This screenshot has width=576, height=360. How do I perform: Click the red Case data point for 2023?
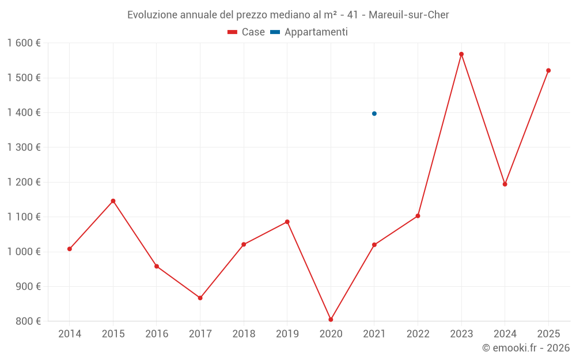(461, 54)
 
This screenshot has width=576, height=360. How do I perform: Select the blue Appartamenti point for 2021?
(374, 113)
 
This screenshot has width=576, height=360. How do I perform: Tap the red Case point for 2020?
(331, 320)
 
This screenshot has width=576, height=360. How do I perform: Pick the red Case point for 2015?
(113, 201)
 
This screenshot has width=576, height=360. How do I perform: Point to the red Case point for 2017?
(200, 298)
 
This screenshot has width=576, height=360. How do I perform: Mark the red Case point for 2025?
(548, 70)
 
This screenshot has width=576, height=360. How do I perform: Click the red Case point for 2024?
(505, 184)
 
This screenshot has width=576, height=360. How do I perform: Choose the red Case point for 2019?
(287, 222)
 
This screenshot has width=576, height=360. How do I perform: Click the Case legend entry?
(246, 32)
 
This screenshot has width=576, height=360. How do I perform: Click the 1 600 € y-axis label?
(24, 43)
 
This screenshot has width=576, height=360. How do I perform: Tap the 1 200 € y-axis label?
(24, 182)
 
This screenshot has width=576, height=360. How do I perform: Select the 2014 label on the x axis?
(70, 334)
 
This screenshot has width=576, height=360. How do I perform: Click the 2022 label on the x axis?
(418, 334)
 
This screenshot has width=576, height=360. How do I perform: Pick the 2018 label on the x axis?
(244, 334)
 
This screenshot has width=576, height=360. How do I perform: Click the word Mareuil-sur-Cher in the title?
(408, 14)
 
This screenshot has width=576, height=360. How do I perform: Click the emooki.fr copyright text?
(525, 348)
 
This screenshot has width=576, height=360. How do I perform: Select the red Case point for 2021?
(374, 245)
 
